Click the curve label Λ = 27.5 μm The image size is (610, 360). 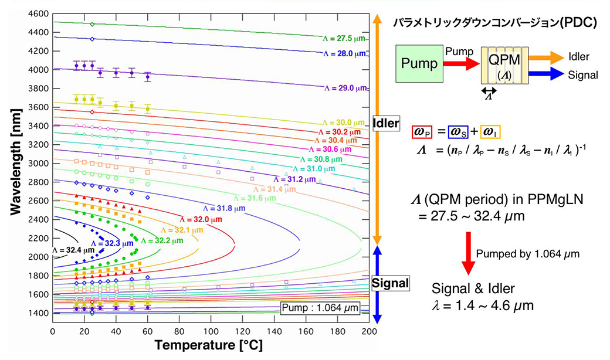(x=344, y=38)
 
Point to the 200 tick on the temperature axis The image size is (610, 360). (x=368, y=332)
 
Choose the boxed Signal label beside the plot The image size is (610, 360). (x=389, y=284)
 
